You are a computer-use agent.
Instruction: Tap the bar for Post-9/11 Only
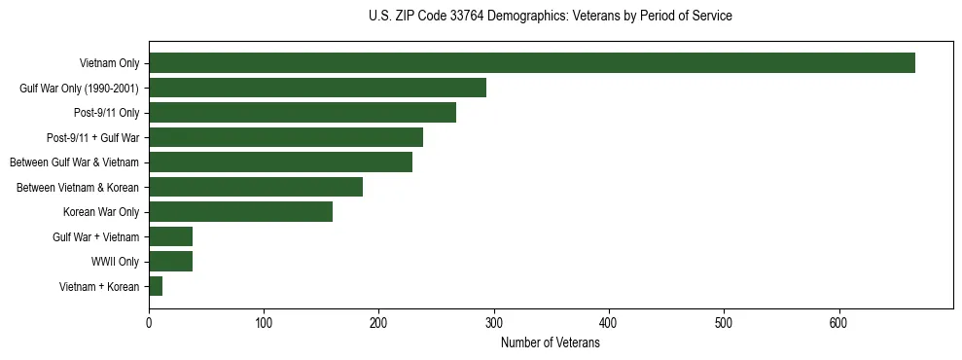coord(302,113)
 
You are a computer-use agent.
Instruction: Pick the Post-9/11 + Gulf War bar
coord(285,137)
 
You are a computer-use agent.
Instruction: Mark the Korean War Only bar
coord(240,212)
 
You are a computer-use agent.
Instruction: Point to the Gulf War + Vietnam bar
coord(170,236)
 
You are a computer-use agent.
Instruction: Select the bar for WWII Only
coord(170,261)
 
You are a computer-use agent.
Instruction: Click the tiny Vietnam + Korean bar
coord(156,286)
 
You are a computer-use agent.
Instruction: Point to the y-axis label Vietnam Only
coord(109,64)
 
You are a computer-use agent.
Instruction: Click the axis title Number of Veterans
coord(550,343)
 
